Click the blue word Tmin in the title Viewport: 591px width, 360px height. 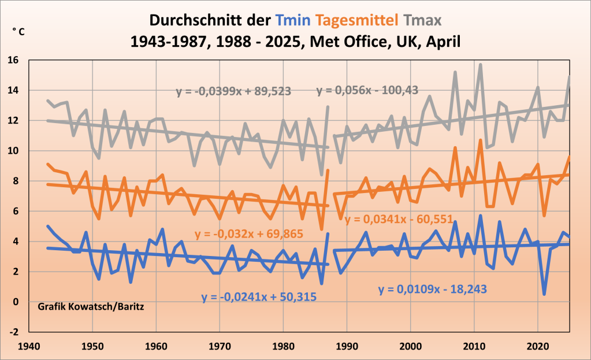(292, 21)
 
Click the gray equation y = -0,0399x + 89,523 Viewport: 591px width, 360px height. (233, 91)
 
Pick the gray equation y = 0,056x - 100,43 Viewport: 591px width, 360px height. (367, 90)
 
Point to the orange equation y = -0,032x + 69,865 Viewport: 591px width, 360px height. (249, 234)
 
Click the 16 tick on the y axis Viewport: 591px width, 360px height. (14, 60)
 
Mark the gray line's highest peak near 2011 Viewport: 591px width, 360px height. (480, 65)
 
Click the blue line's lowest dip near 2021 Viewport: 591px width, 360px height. (544, 294)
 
